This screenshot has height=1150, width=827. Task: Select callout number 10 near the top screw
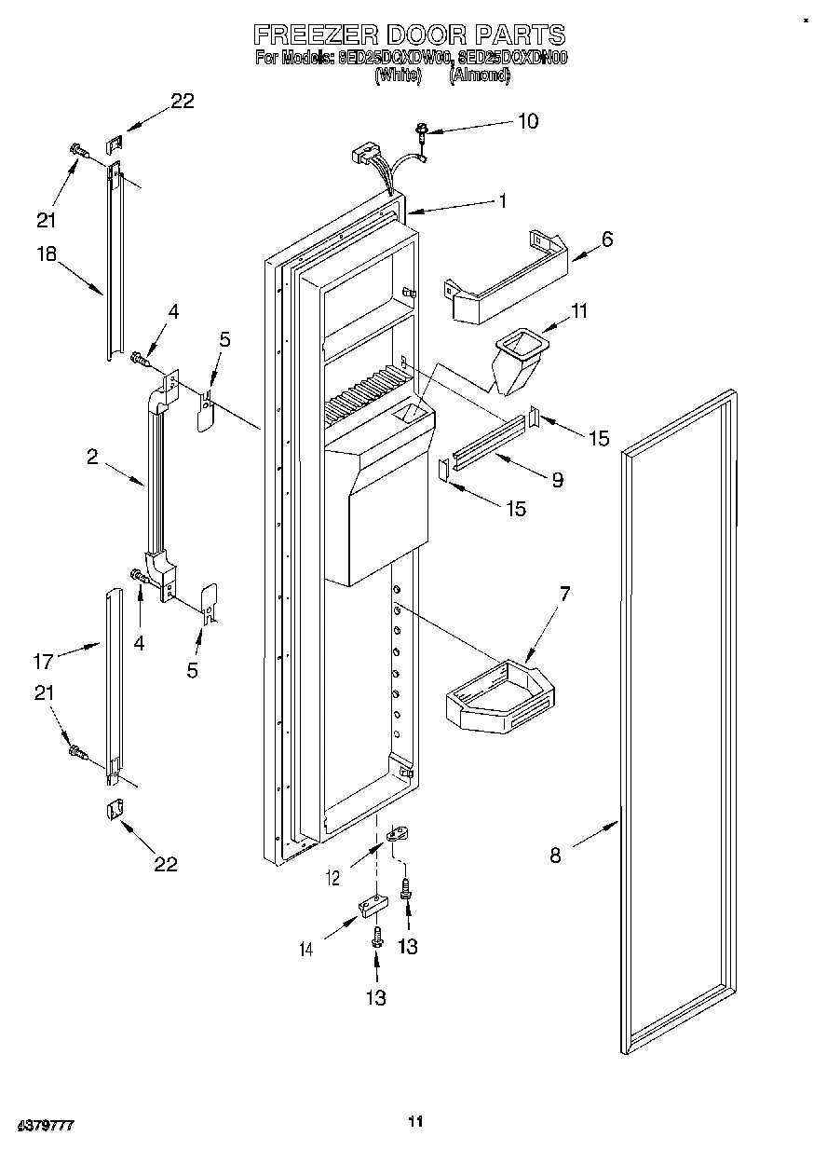click(x=527, y=121)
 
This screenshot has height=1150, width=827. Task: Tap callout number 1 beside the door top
click(x=502, y=199)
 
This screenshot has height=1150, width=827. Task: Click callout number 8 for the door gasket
click(x=555, y=855)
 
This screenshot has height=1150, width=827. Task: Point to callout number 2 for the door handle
click(x=93, y=456)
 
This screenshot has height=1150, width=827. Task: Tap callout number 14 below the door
click(x=306, y=949)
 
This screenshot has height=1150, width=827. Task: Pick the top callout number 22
click(x=182, y=102)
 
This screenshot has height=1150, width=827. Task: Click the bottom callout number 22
click(x=165, y=864)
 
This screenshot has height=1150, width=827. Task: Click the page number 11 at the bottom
click(x=415, y=1121)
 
